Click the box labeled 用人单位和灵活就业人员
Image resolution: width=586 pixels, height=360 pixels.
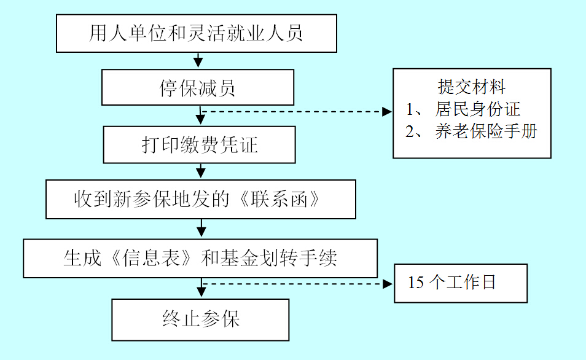tap(197, 33)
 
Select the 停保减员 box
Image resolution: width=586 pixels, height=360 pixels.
tap(198, 88)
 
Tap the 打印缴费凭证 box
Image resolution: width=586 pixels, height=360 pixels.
tap(200, 145)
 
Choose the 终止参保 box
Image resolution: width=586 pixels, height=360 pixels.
tap(200, 319)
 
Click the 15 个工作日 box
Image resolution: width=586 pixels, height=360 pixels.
tap(461, 283)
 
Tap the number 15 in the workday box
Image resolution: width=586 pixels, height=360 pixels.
tap(416, 283)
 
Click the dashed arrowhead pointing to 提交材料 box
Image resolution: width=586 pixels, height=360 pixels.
tap(387, 112)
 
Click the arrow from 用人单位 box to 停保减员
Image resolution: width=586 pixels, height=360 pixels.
tap(198, 61)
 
